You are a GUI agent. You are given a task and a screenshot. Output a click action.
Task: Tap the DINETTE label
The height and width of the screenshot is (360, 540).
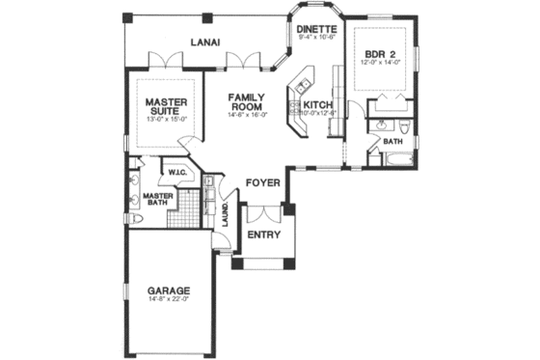[x=316, y=30]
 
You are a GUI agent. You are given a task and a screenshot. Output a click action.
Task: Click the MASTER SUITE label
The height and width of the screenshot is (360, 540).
[x=165, y=105]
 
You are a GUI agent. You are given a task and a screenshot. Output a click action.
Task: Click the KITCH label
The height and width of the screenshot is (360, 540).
[x=319, y=104]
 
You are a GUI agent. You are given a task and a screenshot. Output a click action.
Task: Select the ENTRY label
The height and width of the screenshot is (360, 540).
[x=263, y=235]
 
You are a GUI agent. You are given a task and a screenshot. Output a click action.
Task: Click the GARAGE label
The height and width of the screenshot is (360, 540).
[x=168, y=290]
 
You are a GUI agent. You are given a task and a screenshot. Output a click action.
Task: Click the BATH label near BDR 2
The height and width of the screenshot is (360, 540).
[x=393, y=142]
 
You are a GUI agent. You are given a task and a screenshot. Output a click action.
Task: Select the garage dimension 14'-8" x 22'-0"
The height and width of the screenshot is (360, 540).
[x=168, y=300]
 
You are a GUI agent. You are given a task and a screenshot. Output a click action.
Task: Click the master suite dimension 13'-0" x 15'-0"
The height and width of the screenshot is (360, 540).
[x=165, y=120]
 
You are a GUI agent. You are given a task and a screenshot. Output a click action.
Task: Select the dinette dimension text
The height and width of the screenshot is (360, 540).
[x=316, y=40]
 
